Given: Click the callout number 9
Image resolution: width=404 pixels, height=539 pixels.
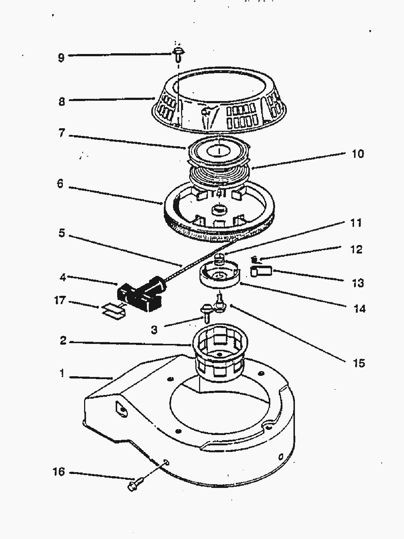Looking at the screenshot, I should tap(61, 57).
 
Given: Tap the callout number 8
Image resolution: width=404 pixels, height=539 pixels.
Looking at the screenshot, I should tap(61, 101).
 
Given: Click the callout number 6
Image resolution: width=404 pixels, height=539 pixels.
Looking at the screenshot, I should tap(60, 184).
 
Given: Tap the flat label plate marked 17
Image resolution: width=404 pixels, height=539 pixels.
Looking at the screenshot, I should tap(113, 310).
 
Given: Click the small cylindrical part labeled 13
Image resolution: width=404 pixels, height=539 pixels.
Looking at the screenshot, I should tap(261, 272).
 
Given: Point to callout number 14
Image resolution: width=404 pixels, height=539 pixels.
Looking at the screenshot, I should tap(360, 308).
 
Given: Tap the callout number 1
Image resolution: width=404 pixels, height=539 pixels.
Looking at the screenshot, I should tap(62, 374).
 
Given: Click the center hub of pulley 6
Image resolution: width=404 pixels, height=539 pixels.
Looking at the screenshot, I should tap(219, 209).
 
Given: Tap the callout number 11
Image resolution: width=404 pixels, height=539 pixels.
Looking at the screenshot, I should tap(356, 223).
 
